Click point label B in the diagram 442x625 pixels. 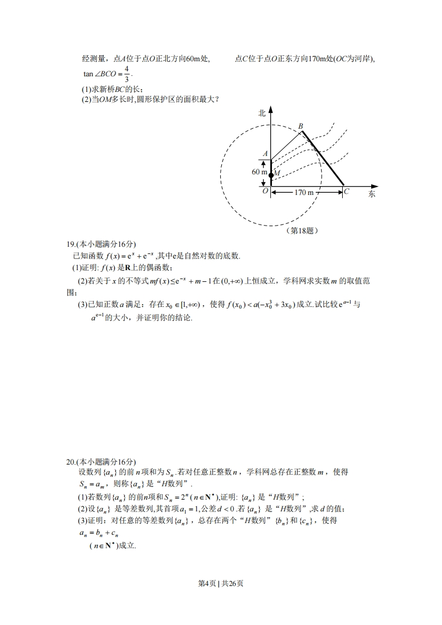(300, 126)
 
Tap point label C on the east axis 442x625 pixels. (347, 192)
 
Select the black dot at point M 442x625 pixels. (271, 175)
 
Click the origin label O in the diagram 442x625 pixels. (265, 191)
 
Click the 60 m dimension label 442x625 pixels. (259, 172)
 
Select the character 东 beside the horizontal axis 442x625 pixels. (372, 194)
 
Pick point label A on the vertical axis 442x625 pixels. (265, 154)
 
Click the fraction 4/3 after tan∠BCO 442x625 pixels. (127, 74)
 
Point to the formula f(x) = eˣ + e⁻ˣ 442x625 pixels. (125, 256)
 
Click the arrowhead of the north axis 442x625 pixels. (270, 109)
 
